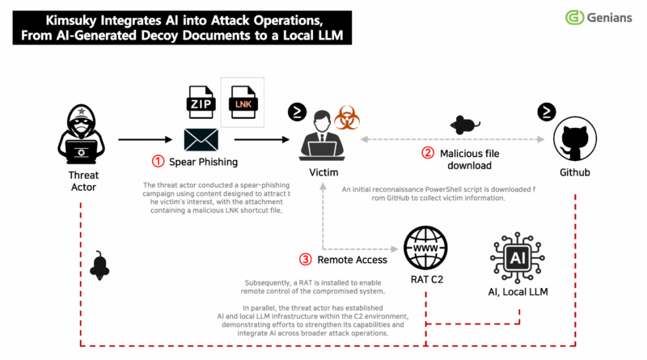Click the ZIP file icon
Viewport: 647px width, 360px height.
(201, 102)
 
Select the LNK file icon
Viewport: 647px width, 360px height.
(243, 102)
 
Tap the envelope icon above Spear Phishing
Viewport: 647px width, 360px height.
(201, 139)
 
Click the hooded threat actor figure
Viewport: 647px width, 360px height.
(82, 134)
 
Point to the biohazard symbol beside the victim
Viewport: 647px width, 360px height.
(347, 117)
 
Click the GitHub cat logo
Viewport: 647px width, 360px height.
(575, 138)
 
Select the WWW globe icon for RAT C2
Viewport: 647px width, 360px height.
(425, 248)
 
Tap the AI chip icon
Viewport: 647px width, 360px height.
(518, 257)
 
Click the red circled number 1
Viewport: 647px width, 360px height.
(158, 161)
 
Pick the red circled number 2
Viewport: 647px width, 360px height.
(428, 153)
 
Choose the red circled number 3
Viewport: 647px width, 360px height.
(306, 259)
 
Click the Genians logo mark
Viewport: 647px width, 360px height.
(574, 17)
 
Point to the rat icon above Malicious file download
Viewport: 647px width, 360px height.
(464, 125)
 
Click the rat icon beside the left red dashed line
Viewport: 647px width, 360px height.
(99, 265)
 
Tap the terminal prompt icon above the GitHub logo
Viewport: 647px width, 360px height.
(547, 112)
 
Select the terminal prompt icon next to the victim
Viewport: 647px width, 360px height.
(297, 112)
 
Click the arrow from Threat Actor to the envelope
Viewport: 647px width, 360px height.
(146, 139)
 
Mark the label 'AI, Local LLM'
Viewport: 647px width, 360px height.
(518, 292)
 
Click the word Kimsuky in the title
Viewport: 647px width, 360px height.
(71, 20)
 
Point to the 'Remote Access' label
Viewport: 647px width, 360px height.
(352, 260)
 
